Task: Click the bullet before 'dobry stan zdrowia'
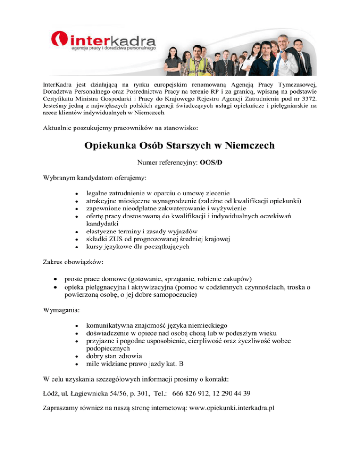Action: [x=77, y=356]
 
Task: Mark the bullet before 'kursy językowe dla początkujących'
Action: [x=77, y=247]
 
